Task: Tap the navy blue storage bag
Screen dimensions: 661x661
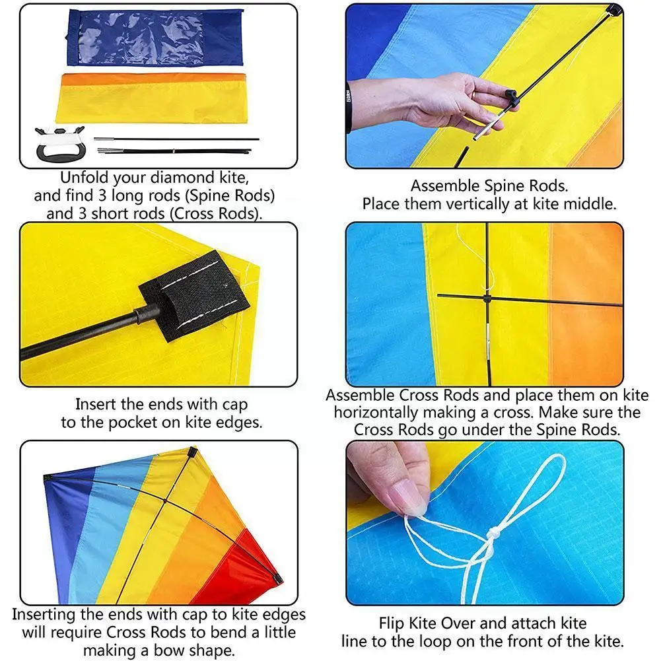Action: [x=156, y=37]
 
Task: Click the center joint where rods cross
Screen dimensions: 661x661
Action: [x=487, y=298]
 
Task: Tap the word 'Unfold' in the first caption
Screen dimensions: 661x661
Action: [x=81, y=178]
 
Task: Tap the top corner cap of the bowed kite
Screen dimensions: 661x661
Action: [x=192, y=454]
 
